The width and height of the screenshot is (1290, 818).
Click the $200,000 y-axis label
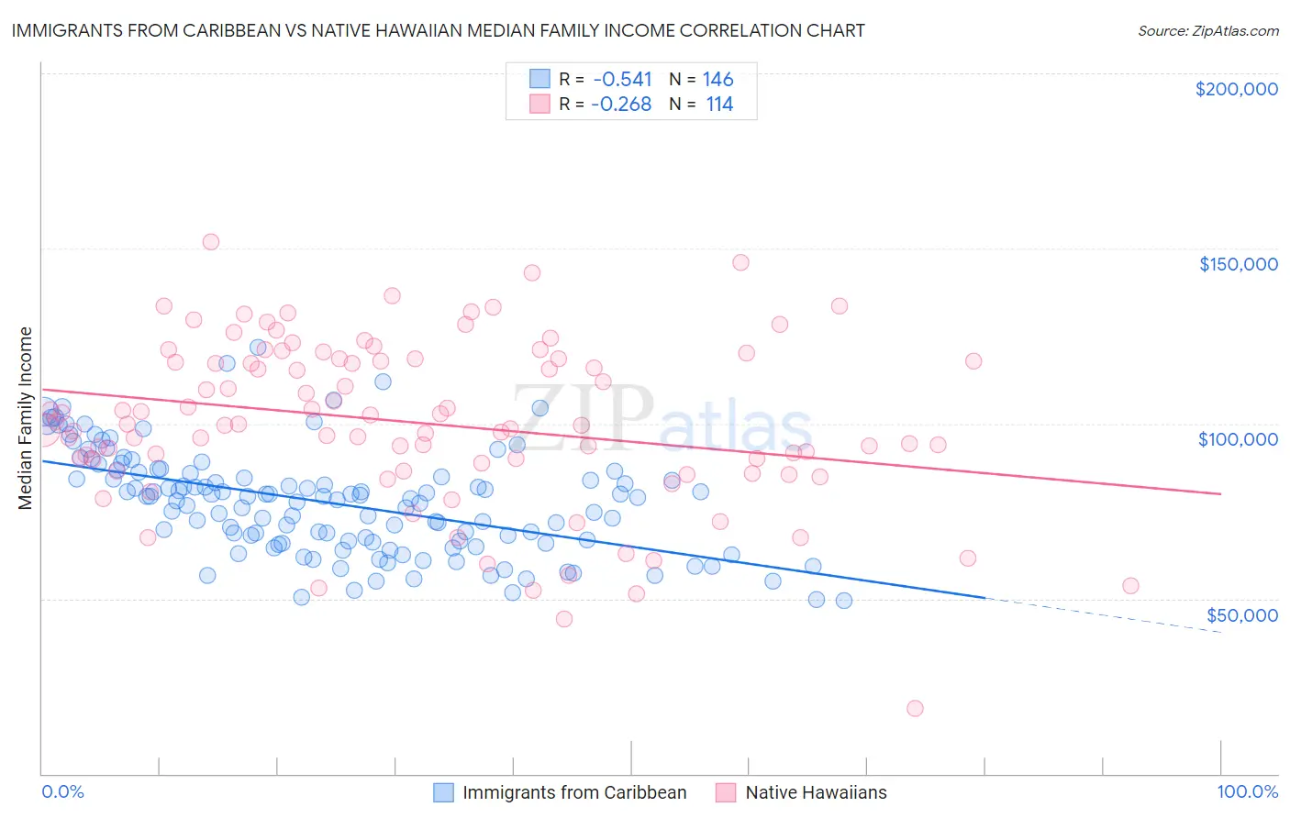coord(1236,89)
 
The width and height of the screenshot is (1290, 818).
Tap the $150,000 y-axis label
coord(1238,264)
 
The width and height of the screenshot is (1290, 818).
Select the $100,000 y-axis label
coord(1238,439)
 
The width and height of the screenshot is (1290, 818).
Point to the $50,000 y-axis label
coord(1241,614)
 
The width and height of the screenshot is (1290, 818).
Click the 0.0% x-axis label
coord(63,791)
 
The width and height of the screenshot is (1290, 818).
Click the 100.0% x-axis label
coord(1247,791)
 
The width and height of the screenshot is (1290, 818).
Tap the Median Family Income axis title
coord(26,418)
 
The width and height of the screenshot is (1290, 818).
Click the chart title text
coord(438,30)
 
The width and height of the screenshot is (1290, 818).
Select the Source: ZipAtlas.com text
coord(1207,30)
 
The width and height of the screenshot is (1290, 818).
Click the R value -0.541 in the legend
coord(621,80)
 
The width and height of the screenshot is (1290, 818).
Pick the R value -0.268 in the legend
coord(621,105)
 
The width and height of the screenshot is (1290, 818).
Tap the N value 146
coord(718,80)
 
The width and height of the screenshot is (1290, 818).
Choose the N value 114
coord(719,105)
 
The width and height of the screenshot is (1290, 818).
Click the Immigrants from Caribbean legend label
coord(574,792)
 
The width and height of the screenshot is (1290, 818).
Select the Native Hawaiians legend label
coord(816,792)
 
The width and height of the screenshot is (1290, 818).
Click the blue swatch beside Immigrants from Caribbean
coord(444,792)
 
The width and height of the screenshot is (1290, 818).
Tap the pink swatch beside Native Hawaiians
coord(727,792)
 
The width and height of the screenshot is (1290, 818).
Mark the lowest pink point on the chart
coord(915,708)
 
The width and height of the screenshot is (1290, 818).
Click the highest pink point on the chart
coord(210,242)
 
